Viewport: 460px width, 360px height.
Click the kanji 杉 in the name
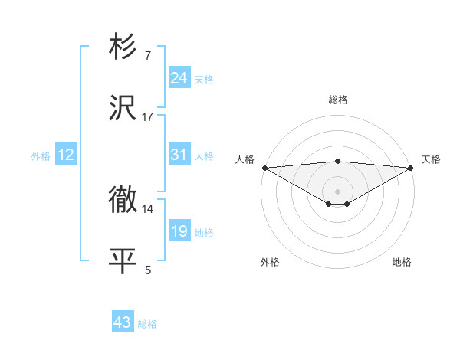(x=123, y=47)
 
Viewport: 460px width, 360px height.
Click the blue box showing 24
(x=179, y=77)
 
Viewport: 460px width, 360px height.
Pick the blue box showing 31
(x=179, y=155)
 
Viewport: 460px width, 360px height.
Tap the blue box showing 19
(x=179, y=231)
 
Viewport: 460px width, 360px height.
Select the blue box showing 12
(x=66, y=155)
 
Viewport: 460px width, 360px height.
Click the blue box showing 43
(x=123, y=322)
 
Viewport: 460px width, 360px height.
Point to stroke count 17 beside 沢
(x=148, y=116)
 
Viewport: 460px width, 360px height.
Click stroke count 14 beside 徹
(x=148, y=208)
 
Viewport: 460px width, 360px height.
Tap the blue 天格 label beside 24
(x=204, y=79)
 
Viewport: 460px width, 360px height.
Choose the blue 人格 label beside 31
(x=204, y=156)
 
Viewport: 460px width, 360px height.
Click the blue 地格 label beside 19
(x=204, y=233)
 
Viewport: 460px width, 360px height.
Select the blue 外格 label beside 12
(x=41, y=156)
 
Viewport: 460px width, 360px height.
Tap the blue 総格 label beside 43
(x=147, y=324)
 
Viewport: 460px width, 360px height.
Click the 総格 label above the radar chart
(x=337, y=100)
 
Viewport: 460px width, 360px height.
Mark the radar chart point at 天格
(x=412, y=168)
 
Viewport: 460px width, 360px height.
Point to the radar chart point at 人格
(x=264, y=168)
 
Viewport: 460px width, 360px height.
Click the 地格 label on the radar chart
(x=402, y=262)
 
